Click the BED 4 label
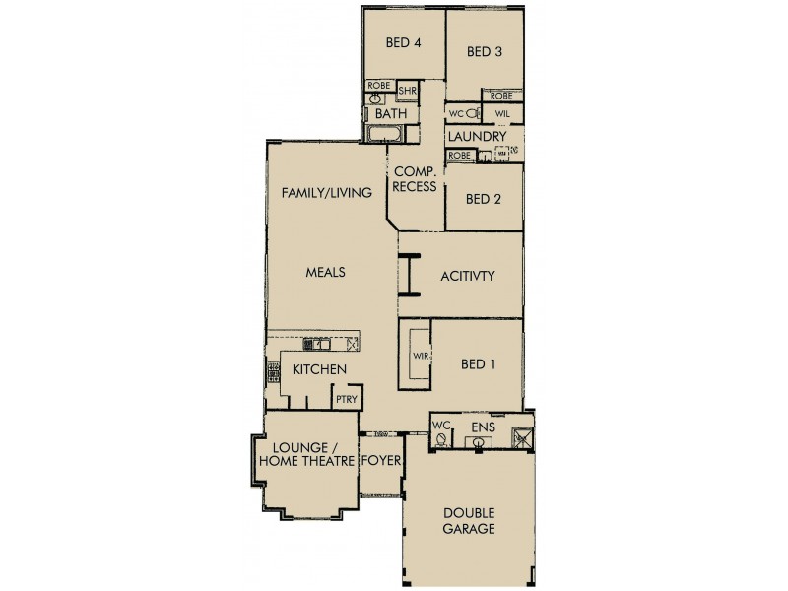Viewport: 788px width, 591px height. pyautogui.click(x=403, y=43)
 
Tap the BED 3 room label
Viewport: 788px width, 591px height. pyautogui.click(x=485, y=51)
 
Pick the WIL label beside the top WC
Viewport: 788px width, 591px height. pyautogui.click(x=501, y=114)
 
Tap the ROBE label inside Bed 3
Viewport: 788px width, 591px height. pyautogui.click(x=501, y=96)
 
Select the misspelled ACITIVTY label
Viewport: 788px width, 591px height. pyautogui.click(x=467, y=277)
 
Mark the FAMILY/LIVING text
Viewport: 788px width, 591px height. pyautogui.click(x=326, y=193)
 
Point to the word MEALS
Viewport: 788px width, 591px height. pyautogui.click(x=325, y=273)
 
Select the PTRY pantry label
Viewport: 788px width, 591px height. pyautogui.click(x=346, y=399)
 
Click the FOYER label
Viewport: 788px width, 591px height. pyautogui.click(x=379, y=460)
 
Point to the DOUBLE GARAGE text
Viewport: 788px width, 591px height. pyautogui.click(x=468, y=520)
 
